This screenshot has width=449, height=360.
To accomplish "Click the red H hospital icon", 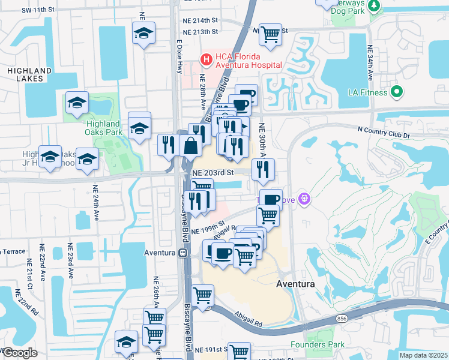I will pos(206,59).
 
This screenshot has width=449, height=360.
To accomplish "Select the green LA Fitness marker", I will pos(396,92).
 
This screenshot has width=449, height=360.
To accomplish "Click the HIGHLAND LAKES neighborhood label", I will pos(25,74).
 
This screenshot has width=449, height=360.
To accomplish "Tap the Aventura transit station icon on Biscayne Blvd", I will pos(182,253).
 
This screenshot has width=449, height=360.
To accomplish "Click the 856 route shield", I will pos(342,317).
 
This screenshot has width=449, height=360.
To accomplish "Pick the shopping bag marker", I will pos(190,146).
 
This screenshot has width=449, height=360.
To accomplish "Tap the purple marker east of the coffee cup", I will pos(305,197).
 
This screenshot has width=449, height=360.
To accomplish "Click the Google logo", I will pos(20,353).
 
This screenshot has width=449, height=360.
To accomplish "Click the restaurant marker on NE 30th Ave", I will pos(263,170).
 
